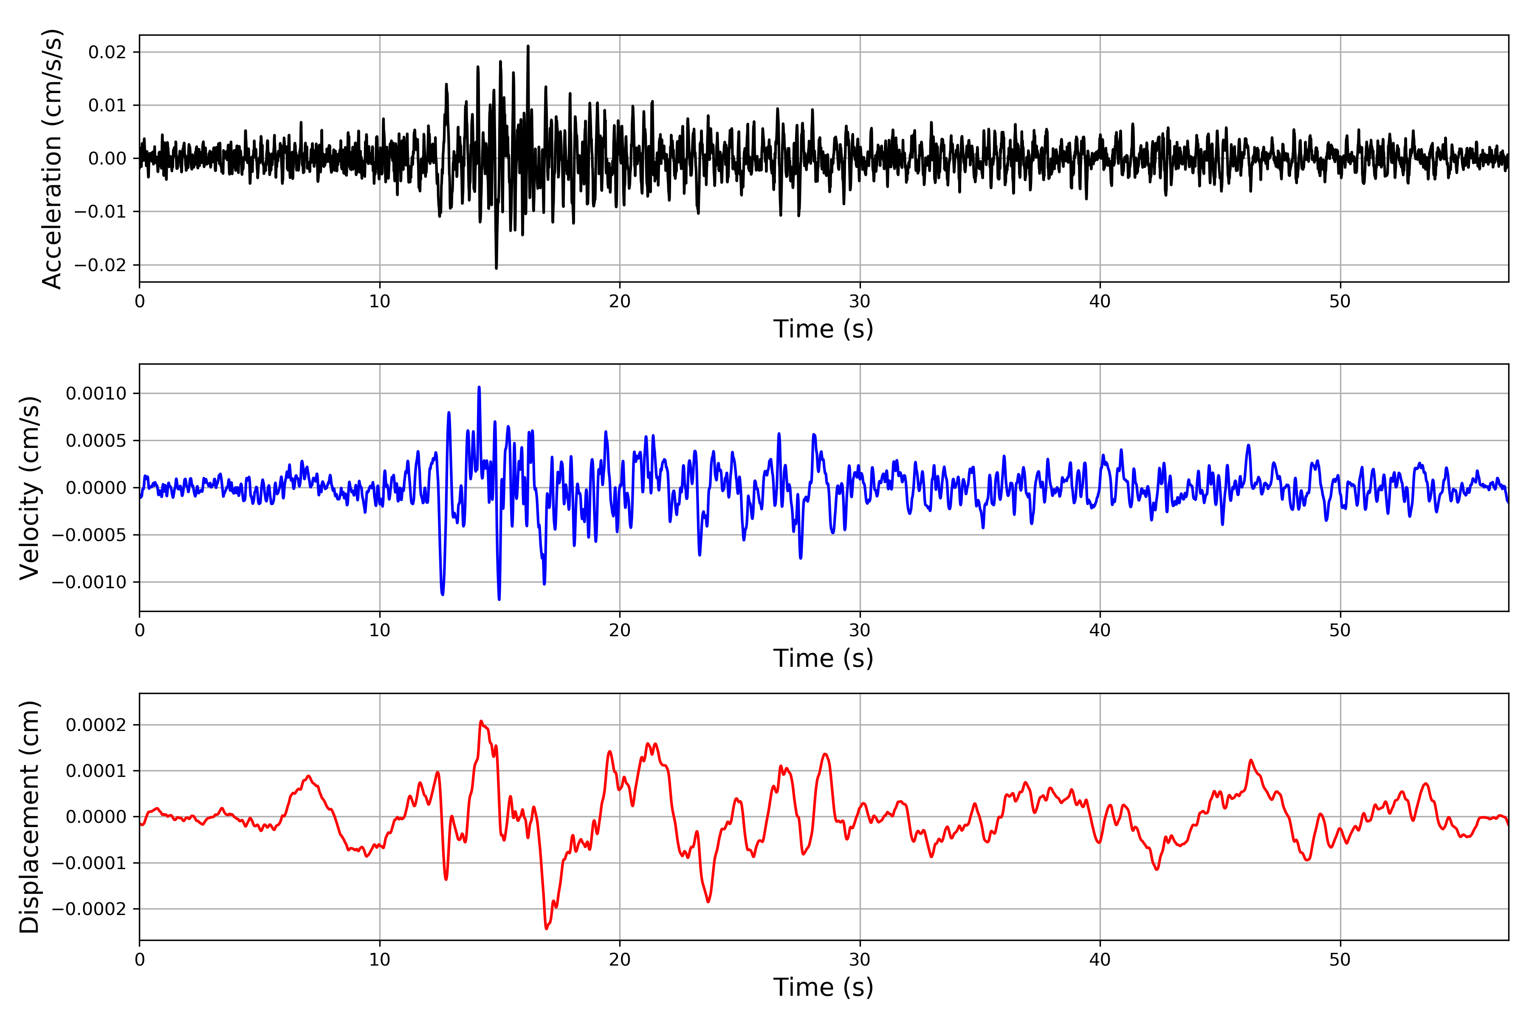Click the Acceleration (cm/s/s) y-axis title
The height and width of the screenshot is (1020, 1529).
52,158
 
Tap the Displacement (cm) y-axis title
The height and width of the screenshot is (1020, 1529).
30,816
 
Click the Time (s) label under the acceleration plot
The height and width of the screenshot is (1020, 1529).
823,329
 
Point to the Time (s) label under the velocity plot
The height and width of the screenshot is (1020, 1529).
823,658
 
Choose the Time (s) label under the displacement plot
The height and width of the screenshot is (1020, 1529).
823,987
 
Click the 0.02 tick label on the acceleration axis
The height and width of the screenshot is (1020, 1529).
107,52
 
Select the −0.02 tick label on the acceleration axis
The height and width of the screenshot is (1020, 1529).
100,265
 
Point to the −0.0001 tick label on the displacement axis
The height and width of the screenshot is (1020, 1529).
89,863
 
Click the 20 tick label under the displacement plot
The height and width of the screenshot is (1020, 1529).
620,960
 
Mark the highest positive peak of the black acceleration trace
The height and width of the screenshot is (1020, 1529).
528,46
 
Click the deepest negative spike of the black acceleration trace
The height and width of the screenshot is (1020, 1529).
496,268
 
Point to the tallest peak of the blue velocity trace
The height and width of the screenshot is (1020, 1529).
479,387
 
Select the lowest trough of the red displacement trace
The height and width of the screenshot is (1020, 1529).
547,928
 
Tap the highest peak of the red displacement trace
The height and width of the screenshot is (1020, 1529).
481,721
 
